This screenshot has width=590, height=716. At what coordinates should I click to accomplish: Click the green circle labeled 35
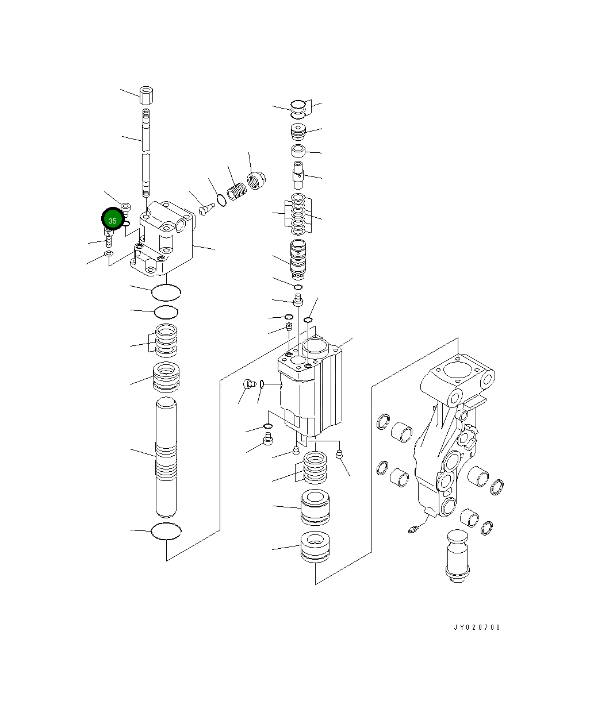click(112, 220)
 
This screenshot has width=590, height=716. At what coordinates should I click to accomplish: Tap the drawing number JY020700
click(477, 628)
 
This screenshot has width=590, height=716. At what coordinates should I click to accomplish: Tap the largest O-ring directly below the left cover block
click(166, 292)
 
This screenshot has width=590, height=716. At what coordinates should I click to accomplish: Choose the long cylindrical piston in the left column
click(166, 457)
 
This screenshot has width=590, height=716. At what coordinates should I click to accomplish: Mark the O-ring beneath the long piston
click(166, 532)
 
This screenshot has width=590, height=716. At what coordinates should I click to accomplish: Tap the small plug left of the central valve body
click(249, 384)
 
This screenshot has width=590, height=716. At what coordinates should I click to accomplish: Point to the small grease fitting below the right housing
click(413, 529)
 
